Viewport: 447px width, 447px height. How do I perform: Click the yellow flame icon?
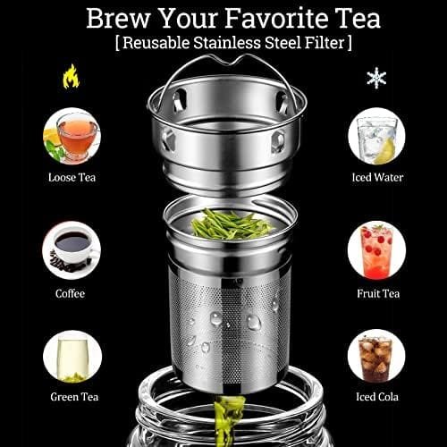(x=72, y=77)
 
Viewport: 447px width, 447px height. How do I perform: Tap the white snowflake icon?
(x=376, y=78)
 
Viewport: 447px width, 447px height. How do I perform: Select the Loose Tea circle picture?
(x=72, y=136)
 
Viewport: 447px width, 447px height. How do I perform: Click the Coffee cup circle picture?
(x=72, y=250)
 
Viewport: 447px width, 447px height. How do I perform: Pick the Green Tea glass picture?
(x=72, y=357)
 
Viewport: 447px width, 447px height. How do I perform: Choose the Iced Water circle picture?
(x=376, y=136)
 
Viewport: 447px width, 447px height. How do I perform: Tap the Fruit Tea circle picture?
(x=376, y=250)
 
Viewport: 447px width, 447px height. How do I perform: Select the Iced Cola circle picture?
(x=376, y=357)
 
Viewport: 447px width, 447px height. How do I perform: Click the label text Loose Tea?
(x=72, y=178)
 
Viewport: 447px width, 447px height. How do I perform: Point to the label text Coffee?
(x=70, y=293)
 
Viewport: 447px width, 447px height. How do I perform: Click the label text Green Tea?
(x=74, y=397)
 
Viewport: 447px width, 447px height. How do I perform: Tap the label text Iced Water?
(x=377, y=177)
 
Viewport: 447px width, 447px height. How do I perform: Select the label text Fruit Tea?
(x=378, y=293)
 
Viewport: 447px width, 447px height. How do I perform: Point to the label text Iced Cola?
(x=377, y=397)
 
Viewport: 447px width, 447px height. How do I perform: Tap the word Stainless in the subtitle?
(x=227, y=43)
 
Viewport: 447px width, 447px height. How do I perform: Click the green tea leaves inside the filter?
(x=231, y=224)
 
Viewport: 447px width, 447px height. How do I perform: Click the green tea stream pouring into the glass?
(x=228, y=421)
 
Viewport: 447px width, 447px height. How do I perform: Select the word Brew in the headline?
(x=118, y=19)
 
